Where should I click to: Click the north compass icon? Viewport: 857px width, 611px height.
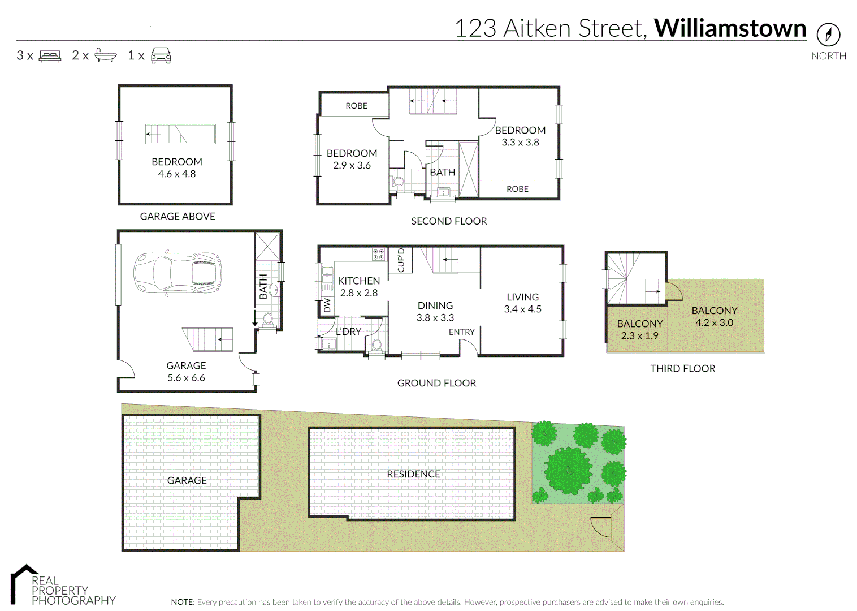tap(828, 35)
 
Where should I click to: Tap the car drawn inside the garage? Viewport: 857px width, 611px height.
tap(177, 273)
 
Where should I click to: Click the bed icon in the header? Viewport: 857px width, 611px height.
tap(50, 56)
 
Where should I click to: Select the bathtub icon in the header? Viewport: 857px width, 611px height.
tap(105, 55)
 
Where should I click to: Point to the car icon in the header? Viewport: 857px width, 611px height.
tap(161, 55)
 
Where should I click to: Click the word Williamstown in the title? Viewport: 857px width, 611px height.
tap(730, 28)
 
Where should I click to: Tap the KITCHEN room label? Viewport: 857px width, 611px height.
tap(358, 281)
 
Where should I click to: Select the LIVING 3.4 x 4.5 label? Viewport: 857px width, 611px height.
tap(522, 303)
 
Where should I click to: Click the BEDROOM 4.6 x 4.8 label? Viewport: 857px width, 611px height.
tap(176, 167)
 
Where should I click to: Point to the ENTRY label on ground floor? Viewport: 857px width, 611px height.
tap(461, 332)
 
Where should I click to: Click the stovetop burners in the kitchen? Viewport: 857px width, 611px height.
tap(378, 254)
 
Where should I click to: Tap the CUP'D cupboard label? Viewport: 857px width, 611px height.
tap(401, 260)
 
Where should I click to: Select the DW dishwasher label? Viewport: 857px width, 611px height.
tap(327, 305)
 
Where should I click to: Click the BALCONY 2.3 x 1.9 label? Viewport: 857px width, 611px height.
tap(639, 329)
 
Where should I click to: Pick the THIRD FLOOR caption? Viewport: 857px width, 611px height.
tap(682, 368)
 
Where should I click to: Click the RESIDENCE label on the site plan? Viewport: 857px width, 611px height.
tap(413, 474)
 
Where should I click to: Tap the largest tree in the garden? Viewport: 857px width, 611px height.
tap(569, 470)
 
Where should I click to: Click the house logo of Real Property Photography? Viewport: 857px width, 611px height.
tap(23, 583)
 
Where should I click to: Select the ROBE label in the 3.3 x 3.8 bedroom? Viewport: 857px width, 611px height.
tap(517, 189)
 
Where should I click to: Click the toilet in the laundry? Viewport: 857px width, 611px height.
tap(376, 345)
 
